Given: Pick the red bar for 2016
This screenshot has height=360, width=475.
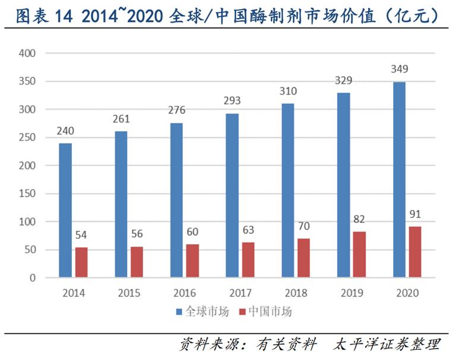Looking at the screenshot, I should tap(192, 261).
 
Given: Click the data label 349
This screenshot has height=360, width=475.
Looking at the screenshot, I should tap(400, 69).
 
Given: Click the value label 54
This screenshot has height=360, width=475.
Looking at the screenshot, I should tap(81, 235).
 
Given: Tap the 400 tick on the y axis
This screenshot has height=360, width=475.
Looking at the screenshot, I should tap(28, 53).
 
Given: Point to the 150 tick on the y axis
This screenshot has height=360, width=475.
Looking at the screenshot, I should tap(28, 194).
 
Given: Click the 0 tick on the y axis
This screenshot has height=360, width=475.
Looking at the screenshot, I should tap(33, 278).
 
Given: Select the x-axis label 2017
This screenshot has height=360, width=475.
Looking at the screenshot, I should tap(241, 293).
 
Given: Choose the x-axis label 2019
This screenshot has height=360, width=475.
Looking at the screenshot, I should tap(353, 293).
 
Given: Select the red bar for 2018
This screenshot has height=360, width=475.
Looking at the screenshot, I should tap(304, 258).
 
